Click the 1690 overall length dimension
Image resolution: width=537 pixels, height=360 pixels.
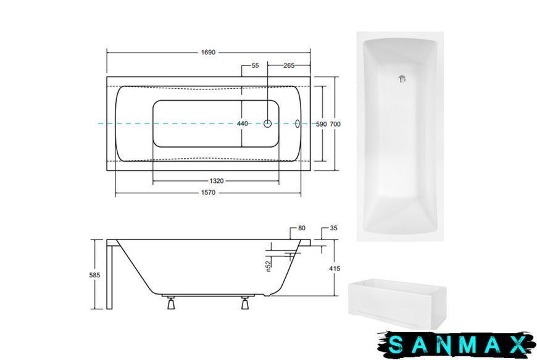(x=208, y=52)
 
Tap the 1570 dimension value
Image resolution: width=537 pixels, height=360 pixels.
(x=208, y=193)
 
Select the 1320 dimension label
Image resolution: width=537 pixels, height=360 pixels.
(x=217, y=181)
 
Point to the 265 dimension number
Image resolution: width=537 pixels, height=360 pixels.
(x=289, y=65)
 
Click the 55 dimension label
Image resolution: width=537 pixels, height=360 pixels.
(x=255, y=65)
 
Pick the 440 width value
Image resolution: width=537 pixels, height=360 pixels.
(x=243, y=123)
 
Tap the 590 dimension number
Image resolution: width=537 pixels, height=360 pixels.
(x=321, y=124)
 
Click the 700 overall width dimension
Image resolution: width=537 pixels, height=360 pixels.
(x=335, y=124)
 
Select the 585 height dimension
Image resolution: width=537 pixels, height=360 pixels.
(x=95, y=275)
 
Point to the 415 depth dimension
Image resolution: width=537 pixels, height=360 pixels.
(x=335, y=269)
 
